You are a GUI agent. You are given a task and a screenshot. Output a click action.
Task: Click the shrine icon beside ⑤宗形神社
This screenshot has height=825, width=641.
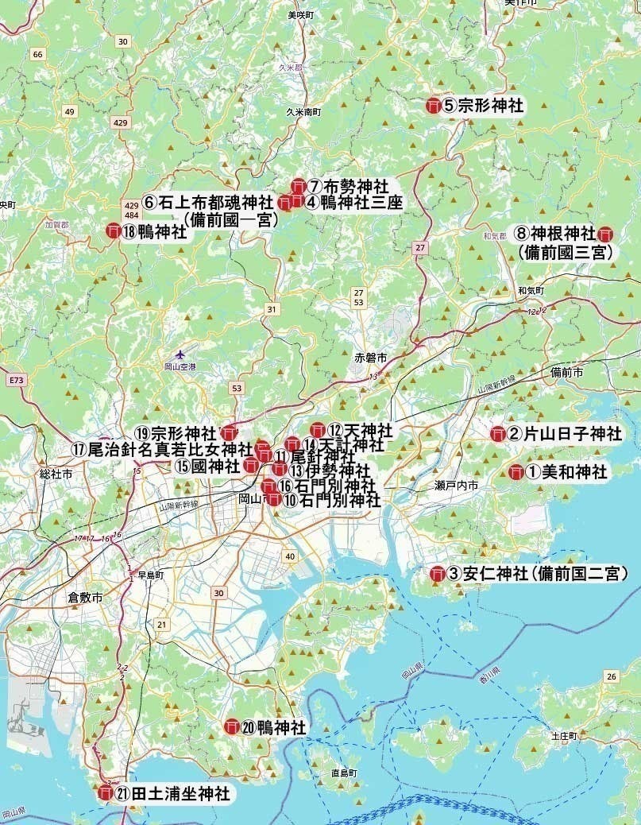[434, 105]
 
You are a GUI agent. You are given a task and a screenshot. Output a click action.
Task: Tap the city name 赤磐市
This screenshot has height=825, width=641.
[371, 359]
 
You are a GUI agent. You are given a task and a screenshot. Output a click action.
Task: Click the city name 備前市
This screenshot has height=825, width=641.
[566, 372]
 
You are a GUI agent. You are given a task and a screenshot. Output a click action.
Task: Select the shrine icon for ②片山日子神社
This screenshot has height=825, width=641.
[498, 434]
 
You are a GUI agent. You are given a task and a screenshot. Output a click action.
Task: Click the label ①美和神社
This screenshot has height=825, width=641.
[566, 471]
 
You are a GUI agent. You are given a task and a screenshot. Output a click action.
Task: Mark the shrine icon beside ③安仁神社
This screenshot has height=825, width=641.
[437, 574]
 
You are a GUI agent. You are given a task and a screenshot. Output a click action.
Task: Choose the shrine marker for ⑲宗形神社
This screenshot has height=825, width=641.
[229, 433]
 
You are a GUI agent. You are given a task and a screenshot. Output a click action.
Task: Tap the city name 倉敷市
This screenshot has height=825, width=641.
[84, 596]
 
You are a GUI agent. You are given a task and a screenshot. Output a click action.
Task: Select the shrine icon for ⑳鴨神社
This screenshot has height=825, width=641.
[232, 726]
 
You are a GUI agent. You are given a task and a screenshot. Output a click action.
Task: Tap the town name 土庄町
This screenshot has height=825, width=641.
[562, 737]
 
